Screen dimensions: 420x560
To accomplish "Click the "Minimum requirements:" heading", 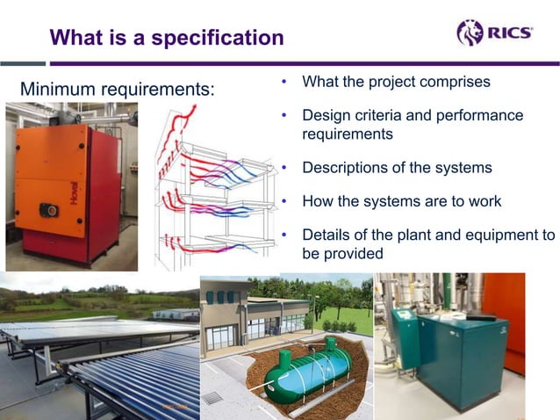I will (117, 90).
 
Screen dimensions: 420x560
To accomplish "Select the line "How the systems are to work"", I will (401, 201).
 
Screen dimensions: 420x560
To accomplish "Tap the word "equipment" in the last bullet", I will (490, 235).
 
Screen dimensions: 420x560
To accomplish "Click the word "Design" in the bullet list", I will (324, 116).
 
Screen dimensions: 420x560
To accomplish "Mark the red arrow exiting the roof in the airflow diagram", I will (180, 123).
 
